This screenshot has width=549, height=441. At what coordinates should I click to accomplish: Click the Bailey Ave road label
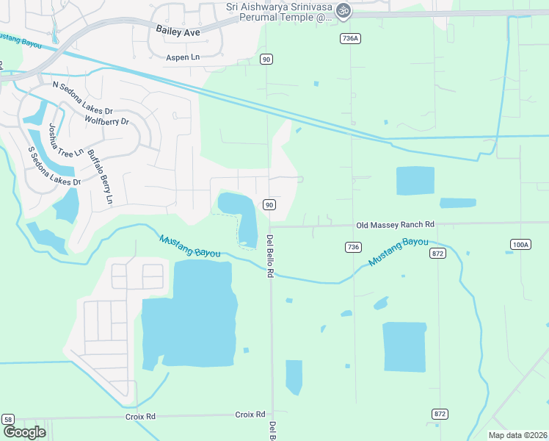[x=178, y=31]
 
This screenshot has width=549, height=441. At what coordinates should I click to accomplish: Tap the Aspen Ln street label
[x=183, y=57]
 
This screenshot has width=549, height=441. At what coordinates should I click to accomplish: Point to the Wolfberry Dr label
[x=106, y=121]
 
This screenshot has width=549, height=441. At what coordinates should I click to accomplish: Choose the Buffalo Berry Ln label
[x=101, y=176]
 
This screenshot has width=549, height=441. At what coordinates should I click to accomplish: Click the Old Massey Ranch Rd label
[x=395, y=224]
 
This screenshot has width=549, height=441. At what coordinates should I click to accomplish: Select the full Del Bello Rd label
[x=270, y=256]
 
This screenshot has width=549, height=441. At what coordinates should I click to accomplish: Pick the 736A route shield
[x=349, y=38]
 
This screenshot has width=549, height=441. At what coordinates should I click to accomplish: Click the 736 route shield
[x=353, y=247]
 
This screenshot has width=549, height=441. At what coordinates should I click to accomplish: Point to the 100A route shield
[x=520, y=244]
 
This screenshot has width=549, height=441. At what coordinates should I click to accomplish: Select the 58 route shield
[x=7, y=419]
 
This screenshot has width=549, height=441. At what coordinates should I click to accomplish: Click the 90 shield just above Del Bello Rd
[x=269, y=204]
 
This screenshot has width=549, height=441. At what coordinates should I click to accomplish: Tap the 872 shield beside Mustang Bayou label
[x=438, y=254]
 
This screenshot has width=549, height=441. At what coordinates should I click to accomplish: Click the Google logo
[x=25, y=432]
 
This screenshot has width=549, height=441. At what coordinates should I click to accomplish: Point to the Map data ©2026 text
[x=517, y=435]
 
